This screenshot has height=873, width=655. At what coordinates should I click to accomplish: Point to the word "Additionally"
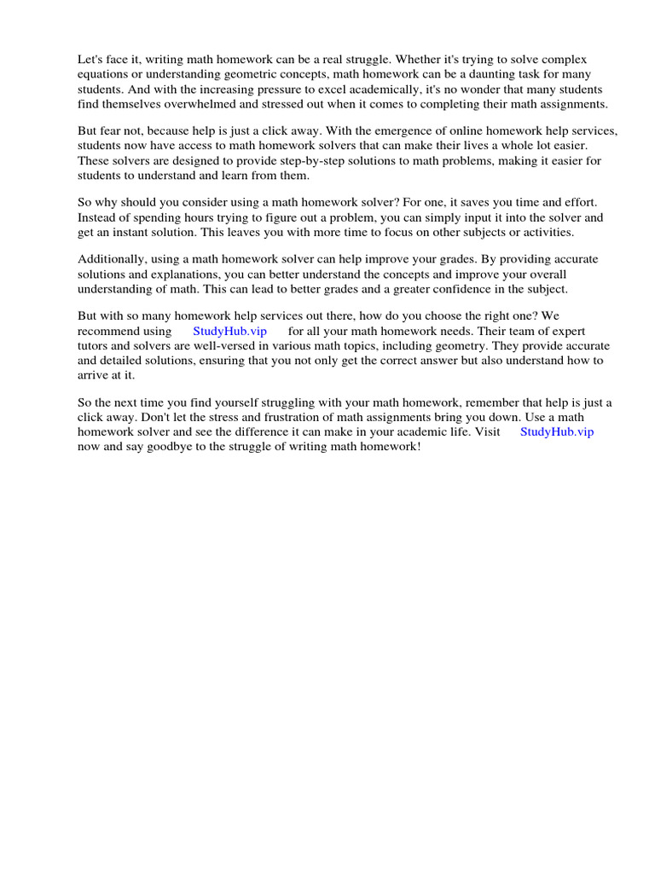(112, 259)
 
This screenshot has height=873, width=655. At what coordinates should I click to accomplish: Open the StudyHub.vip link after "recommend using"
(230, 331)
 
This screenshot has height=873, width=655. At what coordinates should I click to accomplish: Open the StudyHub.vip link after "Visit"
(557, 432)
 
